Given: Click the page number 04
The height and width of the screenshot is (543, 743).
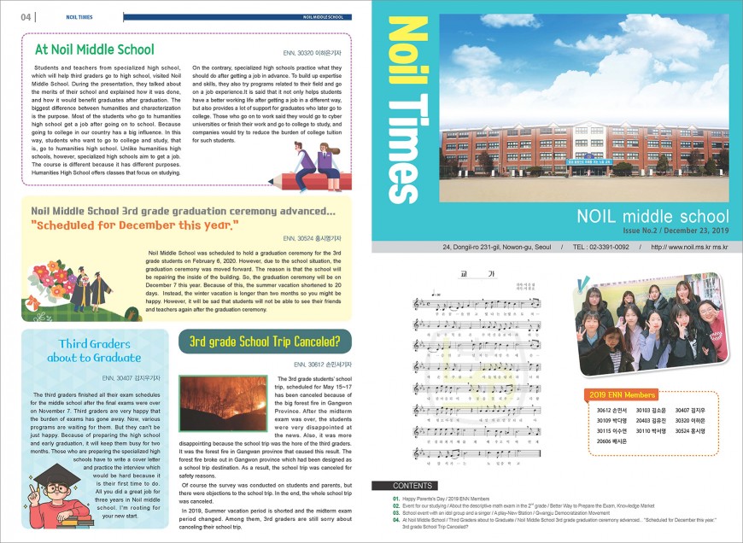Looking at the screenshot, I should (26, 16).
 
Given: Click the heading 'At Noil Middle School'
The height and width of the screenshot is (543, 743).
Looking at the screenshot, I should (94, 50).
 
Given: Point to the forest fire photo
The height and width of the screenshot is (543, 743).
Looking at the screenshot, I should (224, 403).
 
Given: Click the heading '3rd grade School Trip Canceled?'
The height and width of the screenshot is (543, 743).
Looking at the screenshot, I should (264, 342).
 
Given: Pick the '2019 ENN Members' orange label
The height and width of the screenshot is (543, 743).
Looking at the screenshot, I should (623, 395).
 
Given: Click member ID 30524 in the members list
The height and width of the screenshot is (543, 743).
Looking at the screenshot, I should (693, 431).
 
